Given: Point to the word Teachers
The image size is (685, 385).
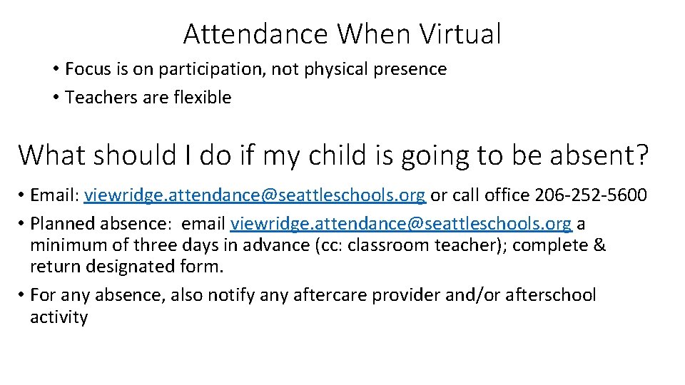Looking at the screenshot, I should pyautogui.click(x=98, y=98).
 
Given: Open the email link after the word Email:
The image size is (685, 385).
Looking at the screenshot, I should pyautogui.click(x=255, y=195).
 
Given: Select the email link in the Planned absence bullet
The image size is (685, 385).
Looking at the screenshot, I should pyautogui.click(x=401, y=224).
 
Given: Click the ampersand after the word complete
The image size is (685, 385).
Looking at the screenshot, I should pyautogui.click(x=599, y=246).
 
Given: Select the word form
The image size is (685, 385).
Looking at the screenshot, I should pyautogui.click(x=205, y=267).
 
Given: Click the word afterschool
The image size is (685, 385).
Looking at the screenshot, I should pyautogui.click(x=549, y=295).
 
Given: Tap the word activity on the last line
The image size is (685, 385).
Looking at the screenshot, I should pyautogui.click(x=59, y=317).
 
